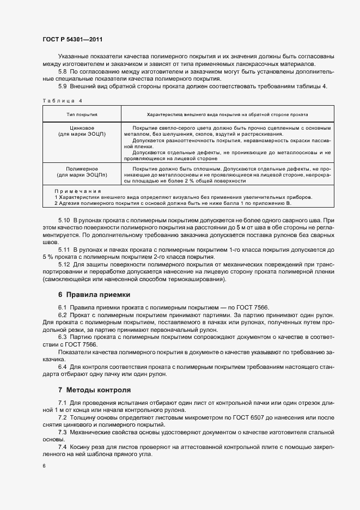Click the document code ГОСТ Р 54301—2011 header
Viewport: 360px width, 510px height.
72,40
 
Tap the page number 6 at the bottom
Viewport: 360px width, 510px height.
44,466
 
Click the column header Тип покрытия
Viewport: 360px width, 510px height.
82,116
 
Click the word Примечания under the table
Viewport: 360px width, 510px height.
78,192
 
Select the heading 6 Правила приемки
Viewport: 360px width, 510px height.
94,294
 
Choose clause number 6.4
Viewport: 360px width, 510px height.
62,367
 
